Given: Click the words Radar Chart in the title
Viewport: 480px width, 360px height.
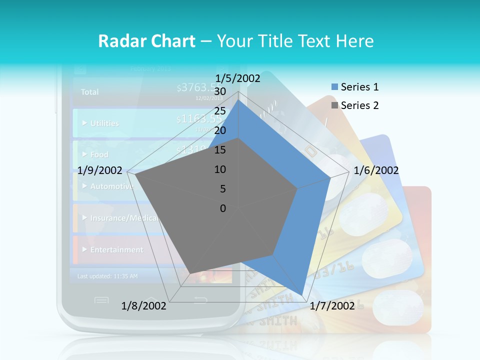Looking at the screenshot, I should click(x=146, y=41).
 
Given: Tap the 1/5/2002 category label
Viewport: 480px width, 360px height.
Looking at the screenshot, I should click(x=238, y=78).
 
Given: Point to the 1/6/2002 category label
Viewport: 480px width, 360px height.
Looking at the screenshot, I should click(x=376, y=170).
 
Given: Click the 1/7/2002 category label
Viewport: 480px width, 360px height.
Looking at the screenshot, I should click(x=332, y=306).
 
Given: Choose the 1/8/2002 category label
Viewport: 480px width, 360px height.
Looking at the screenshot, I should click(x=144, y=306).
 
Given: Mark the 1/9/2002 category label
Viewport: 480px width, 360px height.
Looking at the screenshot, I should click(x=100, y=170).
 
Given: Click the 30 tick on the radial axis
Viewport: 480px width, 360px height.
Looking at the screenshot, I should click(x=220, y=92).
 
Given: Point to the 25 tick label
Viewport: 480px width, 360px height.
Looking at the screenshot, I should click(x=220, y=111).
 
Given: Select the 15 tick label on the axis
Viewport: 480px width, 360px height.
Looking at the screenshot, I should click(x=220, y=150).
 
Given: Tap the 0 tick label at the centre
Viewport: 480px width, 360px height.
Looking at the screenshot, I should click(x=223, y=208).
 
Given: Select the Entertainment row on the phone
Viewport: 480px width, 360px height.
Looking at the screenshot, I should click(x=116, y=249).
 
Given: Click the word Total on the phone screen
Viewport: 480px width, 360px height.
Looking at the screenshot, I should click(x=90, y=92).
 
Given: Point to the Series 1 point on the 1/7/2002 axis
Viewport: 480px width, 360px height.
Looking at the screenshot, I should click(x=302, y=295).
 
